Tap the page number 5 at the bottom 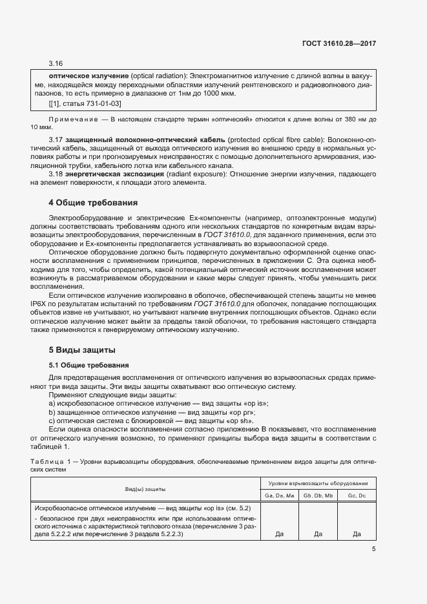[x=373, y=549]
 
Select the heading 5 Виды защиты [x=82, y=349]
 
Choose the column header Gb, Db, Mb [x=318, y=495]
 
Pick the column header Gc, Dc [x=357, y=495]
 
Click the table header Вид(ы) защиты [x=145, y=490]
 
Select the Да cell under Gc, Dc [x=357, y=534]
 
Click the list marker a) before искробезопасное [x=52, y=403]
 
